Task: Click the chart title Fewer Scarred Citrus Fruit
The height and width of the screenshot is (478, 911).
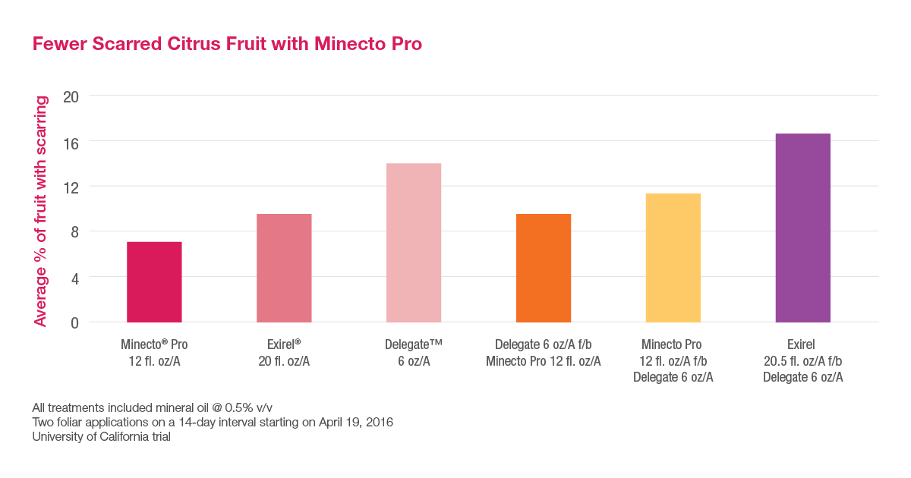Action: [x=227, y=44]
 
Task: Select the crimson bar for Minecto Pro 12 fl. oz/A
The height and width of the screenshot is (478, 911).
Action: [x=154, y=282]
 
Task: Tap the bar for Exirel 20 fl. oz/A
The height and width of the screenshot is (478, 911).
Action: [x=284, y=268]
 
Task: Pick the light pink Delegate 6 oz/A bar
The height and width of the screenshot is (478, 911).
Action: [x=414, y=243]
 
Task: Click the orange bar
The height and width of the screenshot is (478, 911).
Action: [x=544, y=268]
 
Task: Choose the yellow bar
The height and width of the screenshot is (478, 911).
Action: [x=673, y=258]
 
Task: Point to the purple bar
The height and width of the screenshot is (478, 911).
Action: [x=802, y=228]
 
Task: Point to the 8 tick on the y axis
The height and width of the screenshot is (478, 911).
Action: [x=74, y=231]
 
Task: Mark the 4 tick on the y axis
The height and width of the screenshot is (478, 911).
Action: [x=74, y=277]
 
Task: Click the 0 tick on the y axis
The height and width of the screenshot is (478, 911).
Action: [x=74, y=322]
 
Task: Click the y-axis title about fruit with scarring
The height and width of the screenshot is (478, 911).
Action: [x=40, y=211]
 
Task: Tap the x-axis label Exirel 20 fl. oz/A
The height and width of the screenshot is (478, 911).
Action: [x=284, y=353]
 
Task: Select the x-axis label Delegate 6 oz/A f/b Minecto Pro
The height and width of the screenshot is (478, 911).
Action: [x=544, y=353]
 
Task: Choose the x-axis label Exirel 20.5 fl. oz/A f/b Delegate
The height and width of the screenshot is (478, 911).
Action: [x=802, y=360]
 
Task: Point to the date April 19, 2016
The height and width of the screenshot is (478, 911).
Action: [x=359, y=421]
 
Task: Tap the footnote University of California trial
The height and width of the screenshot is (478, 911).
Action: [x=101, y=436]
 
